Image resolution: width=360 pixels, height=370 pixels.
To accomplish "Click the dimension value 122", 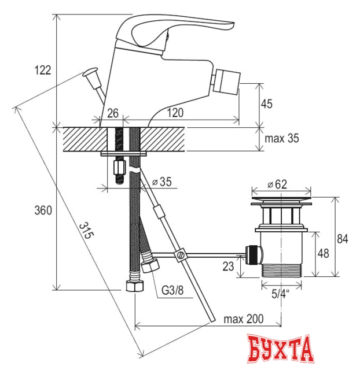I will (42, 70).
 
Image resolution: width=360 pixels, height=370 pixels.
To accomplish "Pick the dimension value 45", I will (267, 104).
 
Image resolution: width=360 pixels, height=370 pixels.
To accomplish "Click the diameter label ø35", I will (161, 182).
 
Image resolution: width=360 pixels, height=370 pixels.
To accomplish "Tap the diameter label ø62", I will (277, 184).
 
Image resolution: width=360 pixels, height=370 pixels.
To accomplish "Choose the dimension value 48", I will (324, 253).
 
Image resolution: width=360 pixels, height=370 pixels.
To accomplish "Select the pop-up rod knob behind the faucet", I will (91, 74).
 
